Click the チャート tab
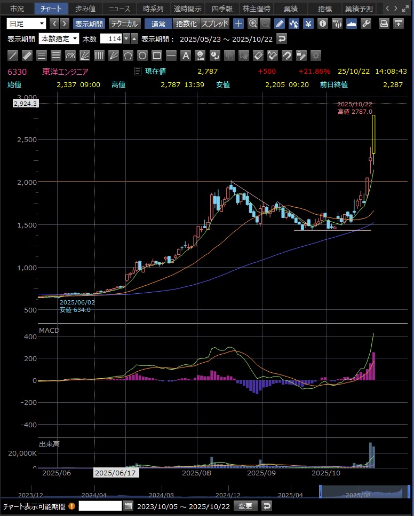pyautogui.click(x=51, y=9)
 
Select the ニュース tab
pyautogui.click(x=119, y=9)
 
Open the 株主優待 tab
pyautogui.click(x=256, y=9)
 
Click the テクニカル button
pyautogui.click(x=125, y=24)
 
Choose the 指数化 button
pyautogui.click(x=186, y=24)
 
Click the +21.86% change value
pyautogui.click(x=314, y=72)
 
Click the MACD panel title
pyautogui.click(x=49, y=331)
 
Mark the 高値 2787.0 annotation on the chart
pyautogui.click(x=355, y=111)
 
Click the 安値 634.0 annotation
pyautogui.click(x=75, y=309)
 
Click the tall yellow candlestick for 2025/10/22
pyautogui.click(x=375, y=134)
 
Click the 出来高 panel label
pyautogui.click(x=49, y=444)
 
